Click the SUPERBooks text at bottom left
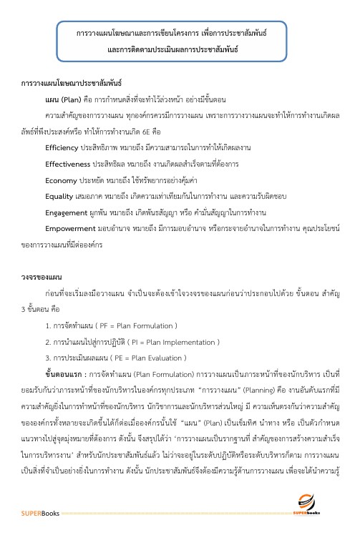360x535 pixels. point(37,512)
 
